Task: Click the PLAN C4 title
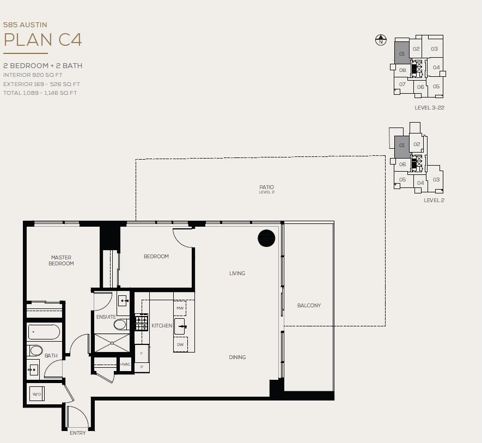click(x=42, y=40)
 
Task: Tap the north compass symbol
click(x=381, y=40)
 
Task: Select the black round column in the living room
click(x=266, y=238)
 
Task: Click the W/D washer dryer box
click(x=37, y=394)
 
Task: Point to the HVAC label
click(x=125, y=365)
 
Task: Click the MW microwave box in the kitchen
click(x=180, y=308)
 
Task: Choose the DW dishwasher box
click(x=180, y=344)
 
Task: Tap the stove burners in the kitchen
click(x=142, y=322)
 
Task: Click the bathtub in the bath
click(x=44, y=332)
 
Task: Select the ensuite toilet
click(x=121, y=325)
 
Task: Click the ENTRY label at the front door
click(x=78, y=433)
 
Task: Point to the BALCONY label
click(x=309, y=306)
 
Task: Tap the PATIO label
click(x=266, y=187)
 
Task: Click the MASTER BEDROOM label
click(x=61, y=260)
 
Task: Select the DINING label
click(x=237, y=357)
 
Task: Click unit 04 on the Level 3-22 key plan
click(x=436, y=68)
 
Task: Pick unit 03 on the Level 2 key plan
click(x=436, y=179)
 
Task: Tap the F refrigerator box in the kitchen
click(x=142, y=354)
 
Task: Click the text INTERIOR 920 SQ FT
click(x=33, y=75)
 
